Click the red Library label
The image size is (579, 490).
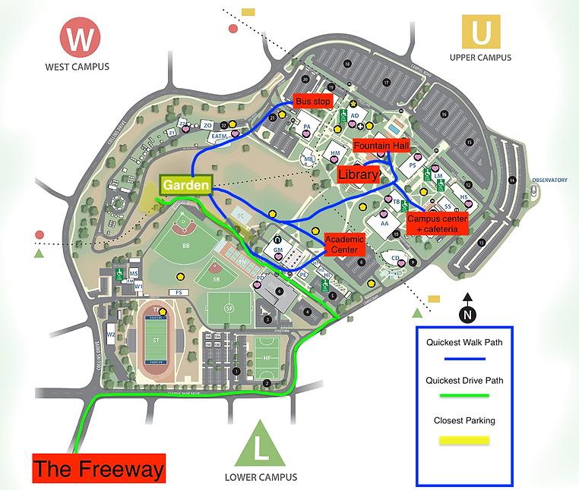tap(359, 174)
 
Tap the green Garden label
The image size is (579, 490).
tap(185, 185)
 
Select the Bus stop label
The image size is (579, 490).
tap(313, 101)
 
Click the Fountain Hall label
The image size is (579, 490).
tap(381, 145)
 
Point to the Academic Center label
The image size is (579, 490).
tap(344, 243)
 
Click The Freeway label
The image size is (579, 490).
tap(99, 468)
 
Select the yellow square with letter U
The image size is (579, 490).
tap(480, 33)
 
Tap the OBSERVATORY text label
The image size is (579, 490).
tap(549, 180)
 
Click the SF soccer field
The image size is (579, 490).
tap(229, 308)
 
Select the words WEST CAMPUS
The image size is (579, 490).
tap(77, 67)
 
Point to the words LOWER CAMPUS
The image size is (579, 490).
tap(261, 477)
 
